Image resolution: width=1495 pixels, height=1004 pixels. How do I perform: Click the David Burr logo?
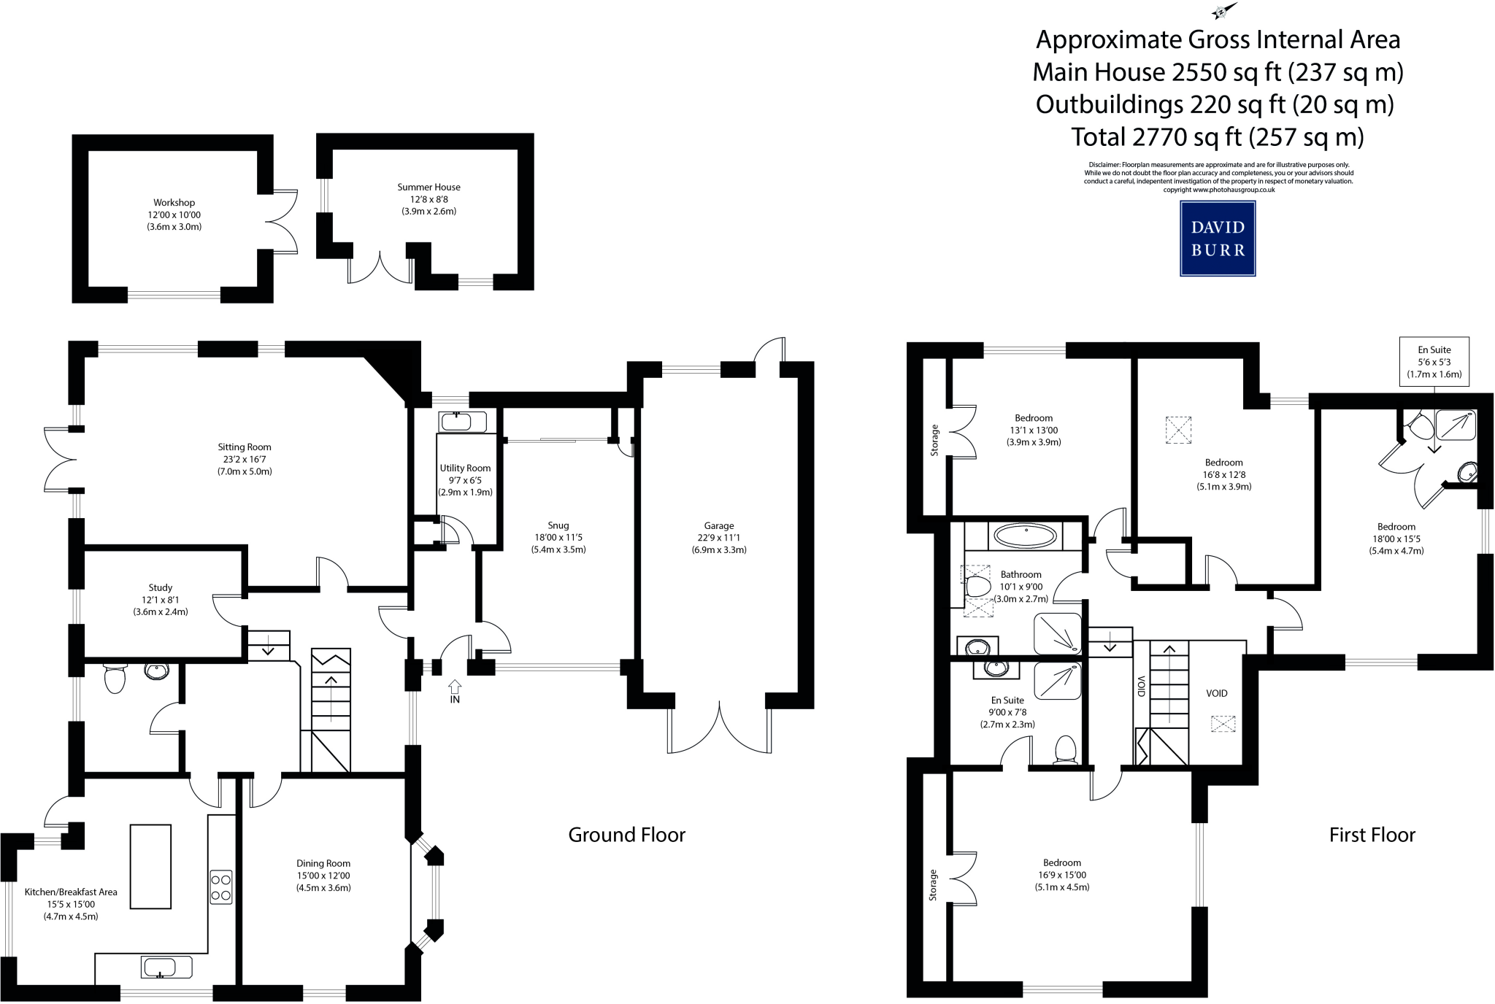tap(1218, 239)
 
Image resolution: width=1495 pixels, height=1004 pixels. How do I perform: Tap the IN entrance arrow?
tap(455, 687)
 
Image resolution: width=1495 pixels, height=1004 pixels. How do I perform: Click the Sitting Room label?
tap(245, 447)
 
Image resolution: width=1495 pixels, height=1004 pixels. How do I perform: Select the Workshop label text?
tap(174, 203)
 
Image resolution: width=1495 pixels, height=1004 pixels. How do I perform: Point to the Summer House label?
tap(428, 188)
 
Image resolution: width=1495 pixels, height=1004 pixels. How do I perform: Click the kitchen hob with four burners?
tap(221, 887)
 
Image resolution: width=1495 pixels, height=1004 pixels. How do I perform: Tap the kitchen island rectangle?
tap(150, 867)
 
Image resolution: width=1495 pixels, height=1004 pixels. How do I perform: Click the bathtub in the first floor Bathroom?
tap(1026, 536)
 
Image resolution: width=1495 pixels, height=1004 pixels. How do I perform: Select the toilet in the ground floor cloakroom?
tap(115, 678)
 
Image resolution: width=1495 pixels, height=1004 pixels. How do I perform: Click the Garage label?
tap(719, 525)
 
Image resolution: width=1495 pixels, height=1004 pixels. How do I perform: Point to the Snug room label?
tap(558, 525)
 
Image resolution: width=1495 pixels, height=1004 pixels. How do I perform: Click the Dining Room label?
tap(323, 864)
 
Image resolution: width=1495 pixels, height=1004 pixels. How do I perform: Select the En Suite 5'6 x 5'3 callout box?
tap(1434, 362)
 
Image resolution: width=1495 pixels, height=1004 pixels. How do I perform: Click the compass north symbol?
tap(1223, 12)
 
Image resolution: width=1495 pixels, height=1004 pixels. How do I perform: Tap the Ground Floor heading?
tap(626, 835)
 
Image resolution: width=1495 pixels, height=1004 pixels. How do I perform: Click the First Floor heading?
tap(1372, 835)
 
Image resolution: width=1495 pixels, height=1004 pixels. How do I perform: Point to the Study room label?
tap(161, 588)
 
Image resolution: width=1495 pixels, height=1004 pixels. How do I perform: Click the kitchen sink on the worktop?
tap(166, 968)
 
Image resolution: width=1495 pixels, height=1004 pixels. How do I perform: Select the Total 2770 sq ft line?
tap(1217, 137)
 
